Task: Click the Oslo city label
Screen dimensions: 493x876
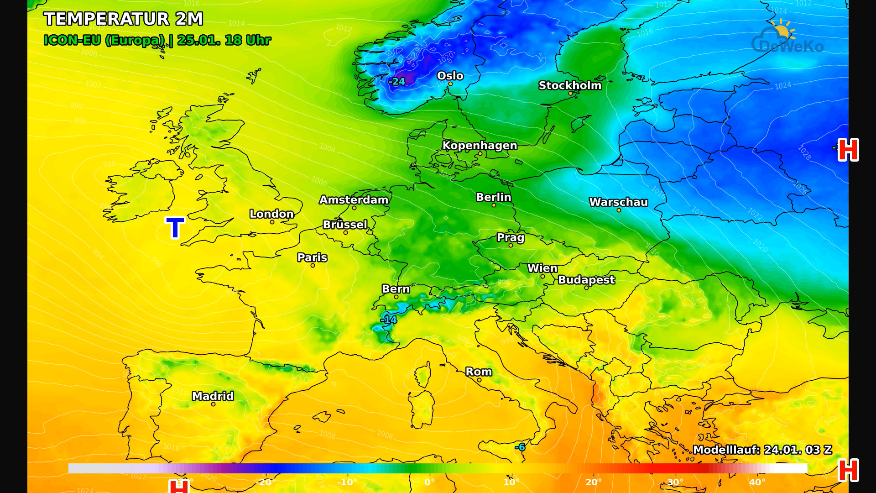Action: click(450, 76)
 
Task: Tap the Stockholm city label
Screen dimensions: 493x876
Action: click(570, 85)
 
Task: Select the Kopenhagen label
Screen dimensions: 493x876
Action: click(480, 146)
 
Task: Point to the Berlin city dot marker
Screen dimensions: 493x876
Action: click(494, 205)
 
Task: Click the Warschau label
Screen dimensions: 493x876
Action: click(618, 202)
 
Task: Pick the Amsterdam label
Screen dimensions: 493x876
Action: click(354, 200)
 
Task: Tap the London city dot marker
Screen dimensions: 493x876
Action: click(272, 222)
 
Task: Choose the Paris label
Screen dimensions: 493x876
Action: click(312, 257)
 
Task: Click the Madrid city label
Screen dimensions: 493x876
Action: click(213, 396)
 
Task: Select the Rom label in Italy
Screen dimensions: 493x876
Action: click(479, 372)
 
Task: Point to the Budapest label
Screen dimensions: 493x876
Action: click(586, 280)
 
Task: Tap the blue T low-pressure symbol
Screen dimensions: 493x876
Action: click(175, 228)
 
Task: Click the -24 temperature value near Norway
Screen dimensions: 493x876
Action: click(397, 82)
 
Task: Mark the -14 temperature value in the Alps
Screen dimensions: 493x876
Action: click(389, 320)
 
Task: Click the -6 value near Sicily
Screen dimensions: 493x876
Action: click(520, 447)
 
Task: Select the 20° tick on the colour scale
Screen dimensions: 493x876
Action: click(593, 482)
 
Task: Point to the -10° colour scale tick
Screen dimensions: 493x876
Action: click(347, 482)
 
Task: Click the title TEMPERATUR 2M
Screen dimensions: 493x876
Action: click(123, 19)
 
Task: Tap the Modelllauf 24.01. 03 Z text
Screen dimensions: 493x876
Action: click(762, 450)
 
